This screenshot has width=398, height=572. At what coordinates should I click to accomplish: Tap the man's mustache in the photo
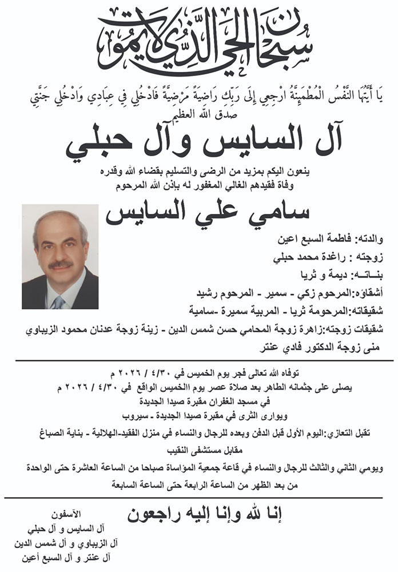[x=59, y=265]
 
